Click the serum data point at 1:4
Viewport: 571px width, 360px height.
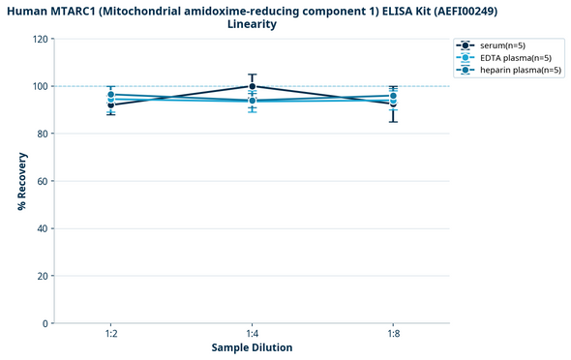pos(252,86)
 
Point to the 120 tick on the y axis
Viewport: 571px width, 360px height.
pos(40,39)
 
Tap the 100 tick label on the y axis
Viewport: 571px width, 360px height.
pos(40,86)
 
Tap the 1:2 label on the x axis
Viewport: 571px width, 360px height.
pos(112,334)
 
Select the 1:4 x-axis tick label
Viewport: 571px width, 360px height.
pos(252,334)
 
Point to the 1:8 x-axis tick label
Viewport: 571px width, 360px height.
pos(391,334)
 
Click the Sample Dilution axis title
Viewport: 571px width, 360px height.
pos(252,347)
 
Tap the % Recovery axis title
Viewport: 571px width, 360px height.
pos(20,181)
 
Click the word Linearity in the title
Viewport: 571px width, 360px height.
pos(252,24)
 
